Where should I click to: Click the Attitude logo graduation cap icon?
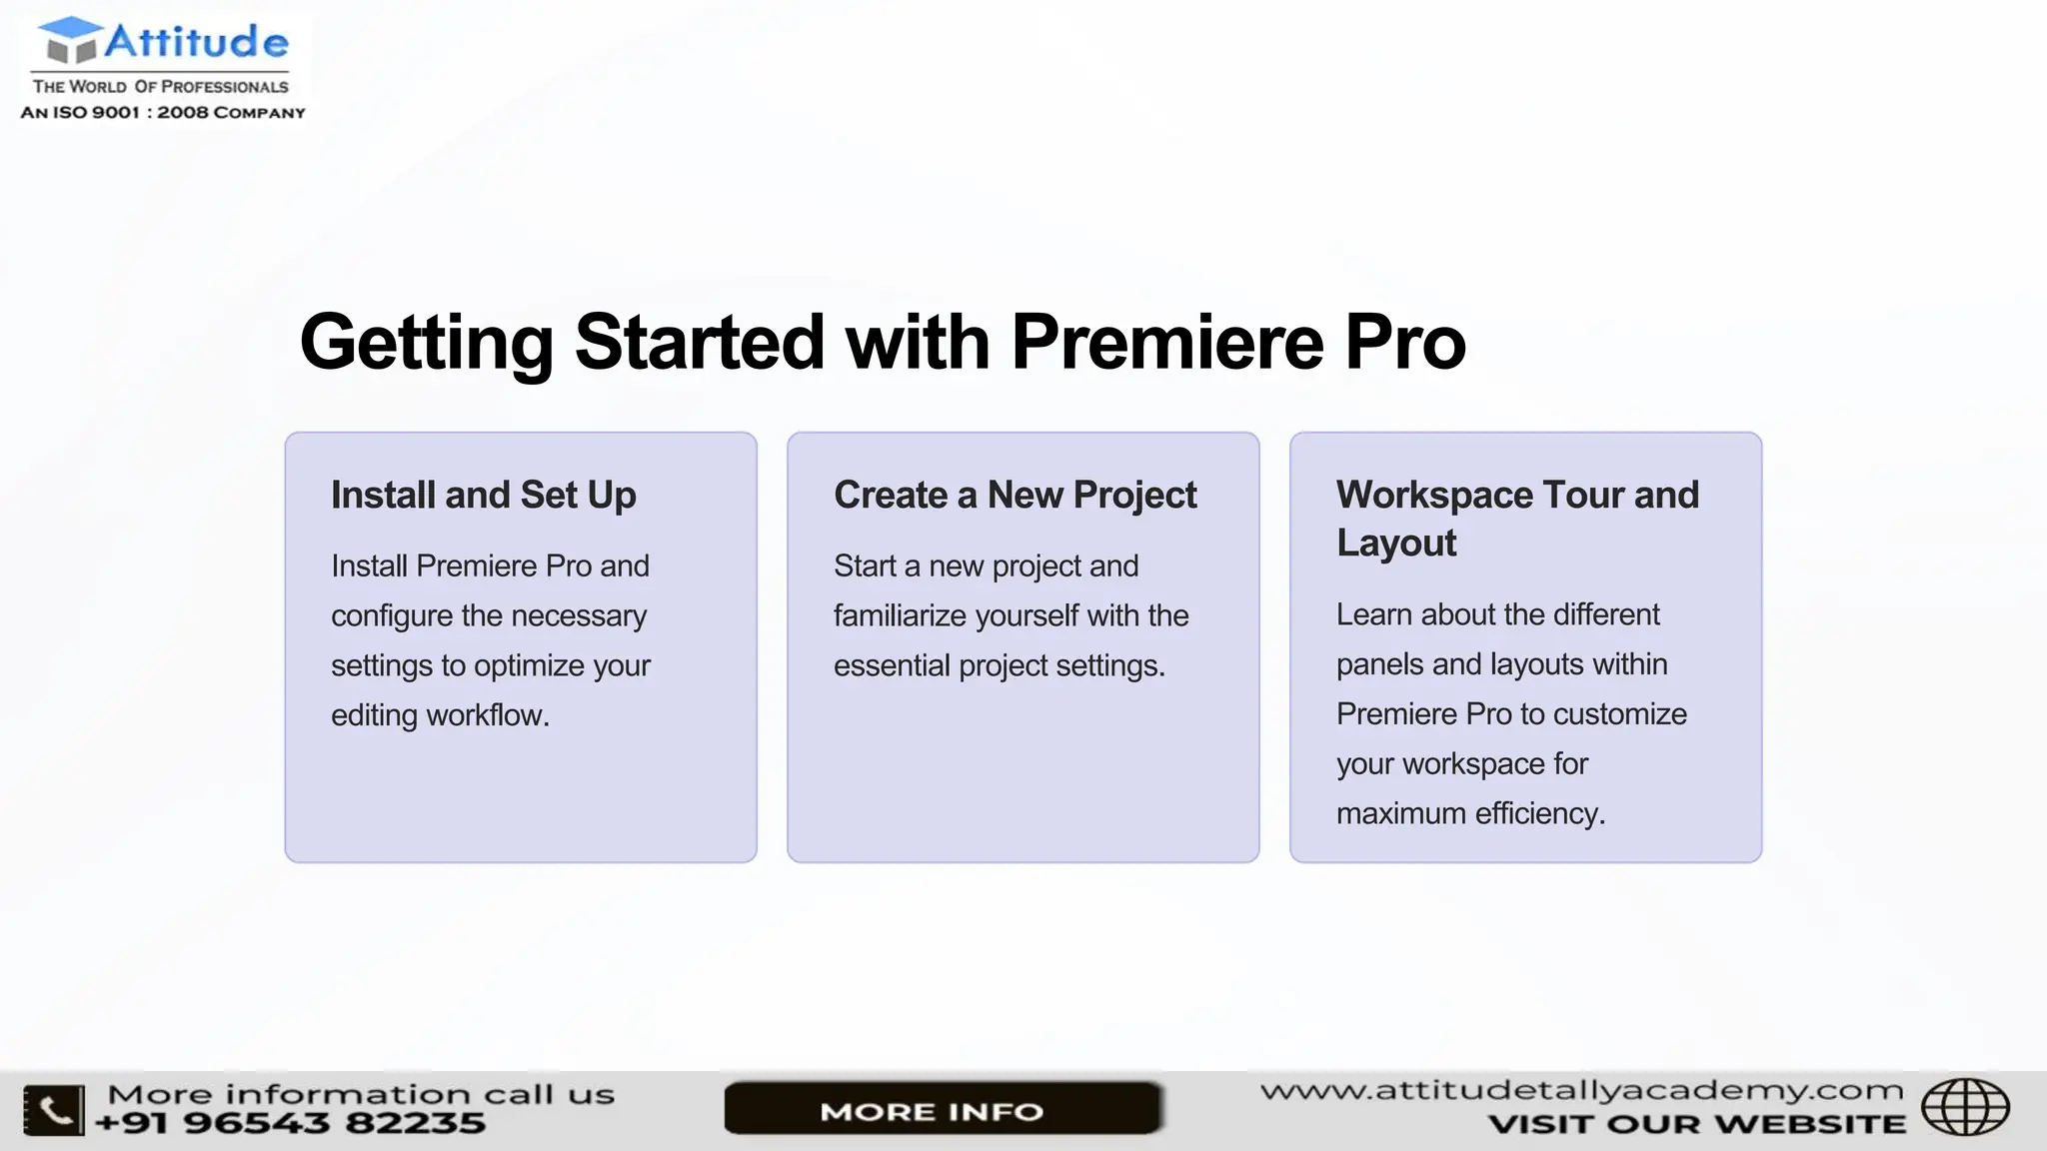(x=70, y=40)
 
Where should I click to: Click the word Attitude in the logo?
(x=196, y=42)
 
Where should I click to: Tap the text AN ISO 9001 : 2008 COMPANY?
(x=163, y=113)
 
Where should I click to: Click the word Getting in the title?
(x=426, y=343)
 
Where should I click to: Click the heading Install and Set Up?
(x=483, y=496)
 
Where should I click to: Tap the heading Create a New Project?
(x=1015, y=496)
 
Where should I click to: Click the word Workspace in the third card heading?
(x=1434, y=496)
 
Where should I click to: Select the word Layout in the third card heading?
(x=1395, y=544)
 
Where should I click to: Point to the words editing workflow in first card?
(x=440, y=715)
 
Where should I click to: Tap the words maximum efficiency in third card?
(x=1469, y=813)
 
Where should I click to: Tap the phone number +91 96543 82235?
(x=290, y=1123)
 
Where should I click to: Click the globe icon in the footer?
(x=1965, y=1107)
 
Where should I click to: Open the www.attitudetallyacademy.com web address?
(x=1581, y=1090)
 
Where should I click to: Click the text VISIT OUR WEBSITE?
(x=1696, y=1124)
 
